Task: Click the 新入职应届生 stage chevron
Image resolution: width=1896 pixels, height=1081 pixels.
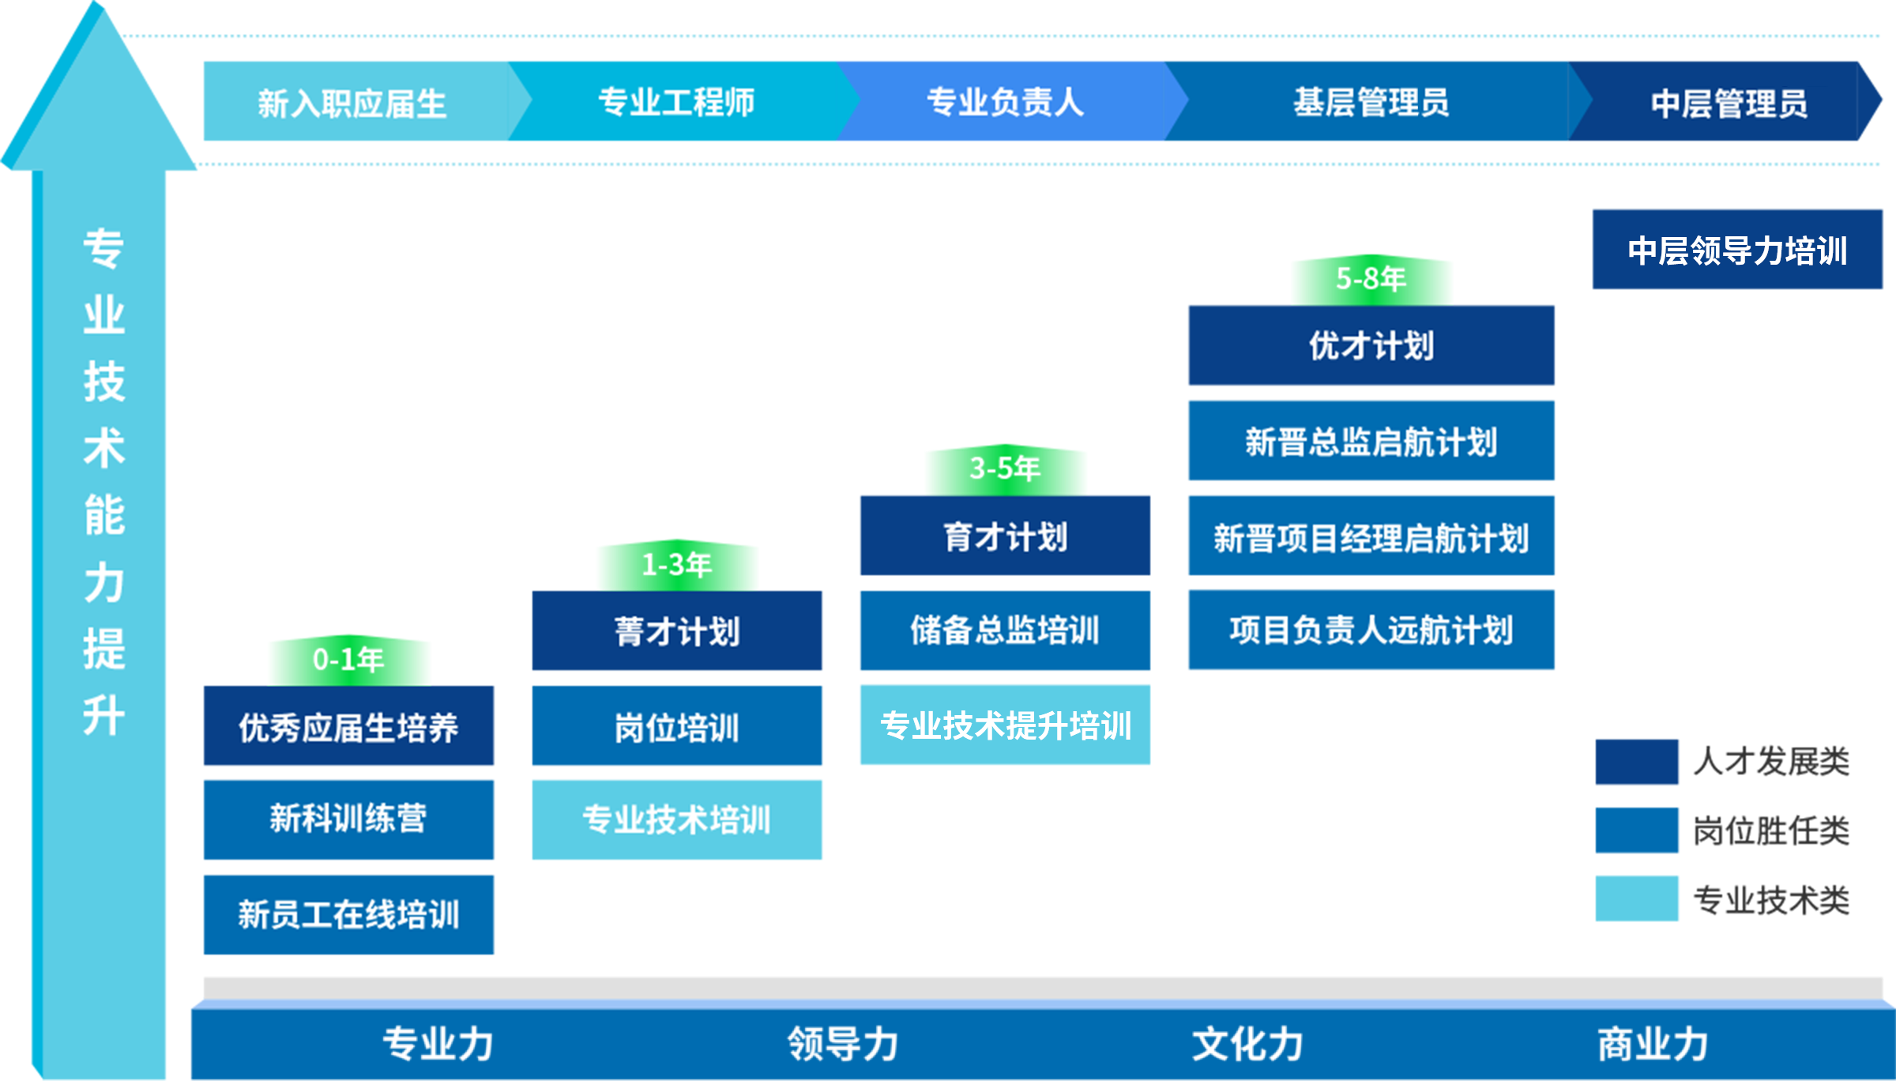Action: [352, 102]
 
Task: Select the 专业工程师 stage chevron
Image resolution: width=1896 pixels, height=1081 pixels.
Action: [676, 102]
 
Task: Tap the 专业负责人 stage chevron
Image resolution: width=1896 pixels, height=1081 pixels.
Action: [1005, 102]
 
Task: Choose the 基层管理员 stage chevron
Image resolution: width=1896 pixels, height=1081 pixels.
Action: [1371, 102]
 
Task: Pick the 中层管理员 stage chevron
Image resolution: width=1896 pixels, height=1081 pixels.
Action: [1729, 102]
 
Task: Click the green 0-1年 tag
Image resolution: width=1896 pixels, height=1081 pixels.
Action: [349, 660]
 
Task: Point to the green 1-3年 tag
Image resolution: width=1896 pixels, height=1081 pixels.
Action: [677, 565]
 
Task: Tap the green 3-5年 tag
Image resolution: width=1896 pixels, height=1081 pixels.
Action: [1005, 469]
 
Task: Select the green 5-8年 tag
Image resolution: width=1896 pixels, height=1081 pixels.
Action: [1371, 280]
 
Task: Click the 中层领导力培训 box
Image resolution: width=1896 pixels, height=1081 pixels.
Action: [1737, 250]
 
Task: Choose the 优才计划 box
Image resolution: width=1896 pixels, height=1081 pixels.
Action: [1371, 345]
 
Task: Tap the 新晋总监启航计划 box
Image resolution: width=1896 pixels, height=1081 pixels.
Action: [1371, 440]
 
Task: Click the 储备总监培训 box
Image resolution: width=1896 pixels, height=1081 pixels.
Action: [1005, 630]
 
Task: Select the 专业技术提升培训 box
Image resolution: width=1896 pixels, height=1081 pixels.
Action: [1005, 725]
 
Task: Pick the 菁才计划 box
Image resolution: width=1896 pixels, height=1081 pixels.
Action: [677, 631]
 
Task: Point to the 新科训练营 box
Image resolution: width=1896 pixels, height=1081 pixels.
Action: [348, 819]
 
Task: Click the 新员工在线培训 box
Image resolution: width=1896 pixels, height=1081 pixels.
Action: [348, 914]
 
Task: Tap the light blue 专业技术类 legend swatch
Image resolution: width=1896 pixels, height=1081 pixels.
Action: [1637, 898]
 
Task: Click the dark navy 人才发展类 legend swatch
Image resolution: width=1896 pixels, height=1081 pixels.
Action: [1637, 762]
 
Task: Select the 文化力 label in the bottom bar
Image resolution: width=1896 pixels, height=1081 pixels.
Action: [1247, 1044]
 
